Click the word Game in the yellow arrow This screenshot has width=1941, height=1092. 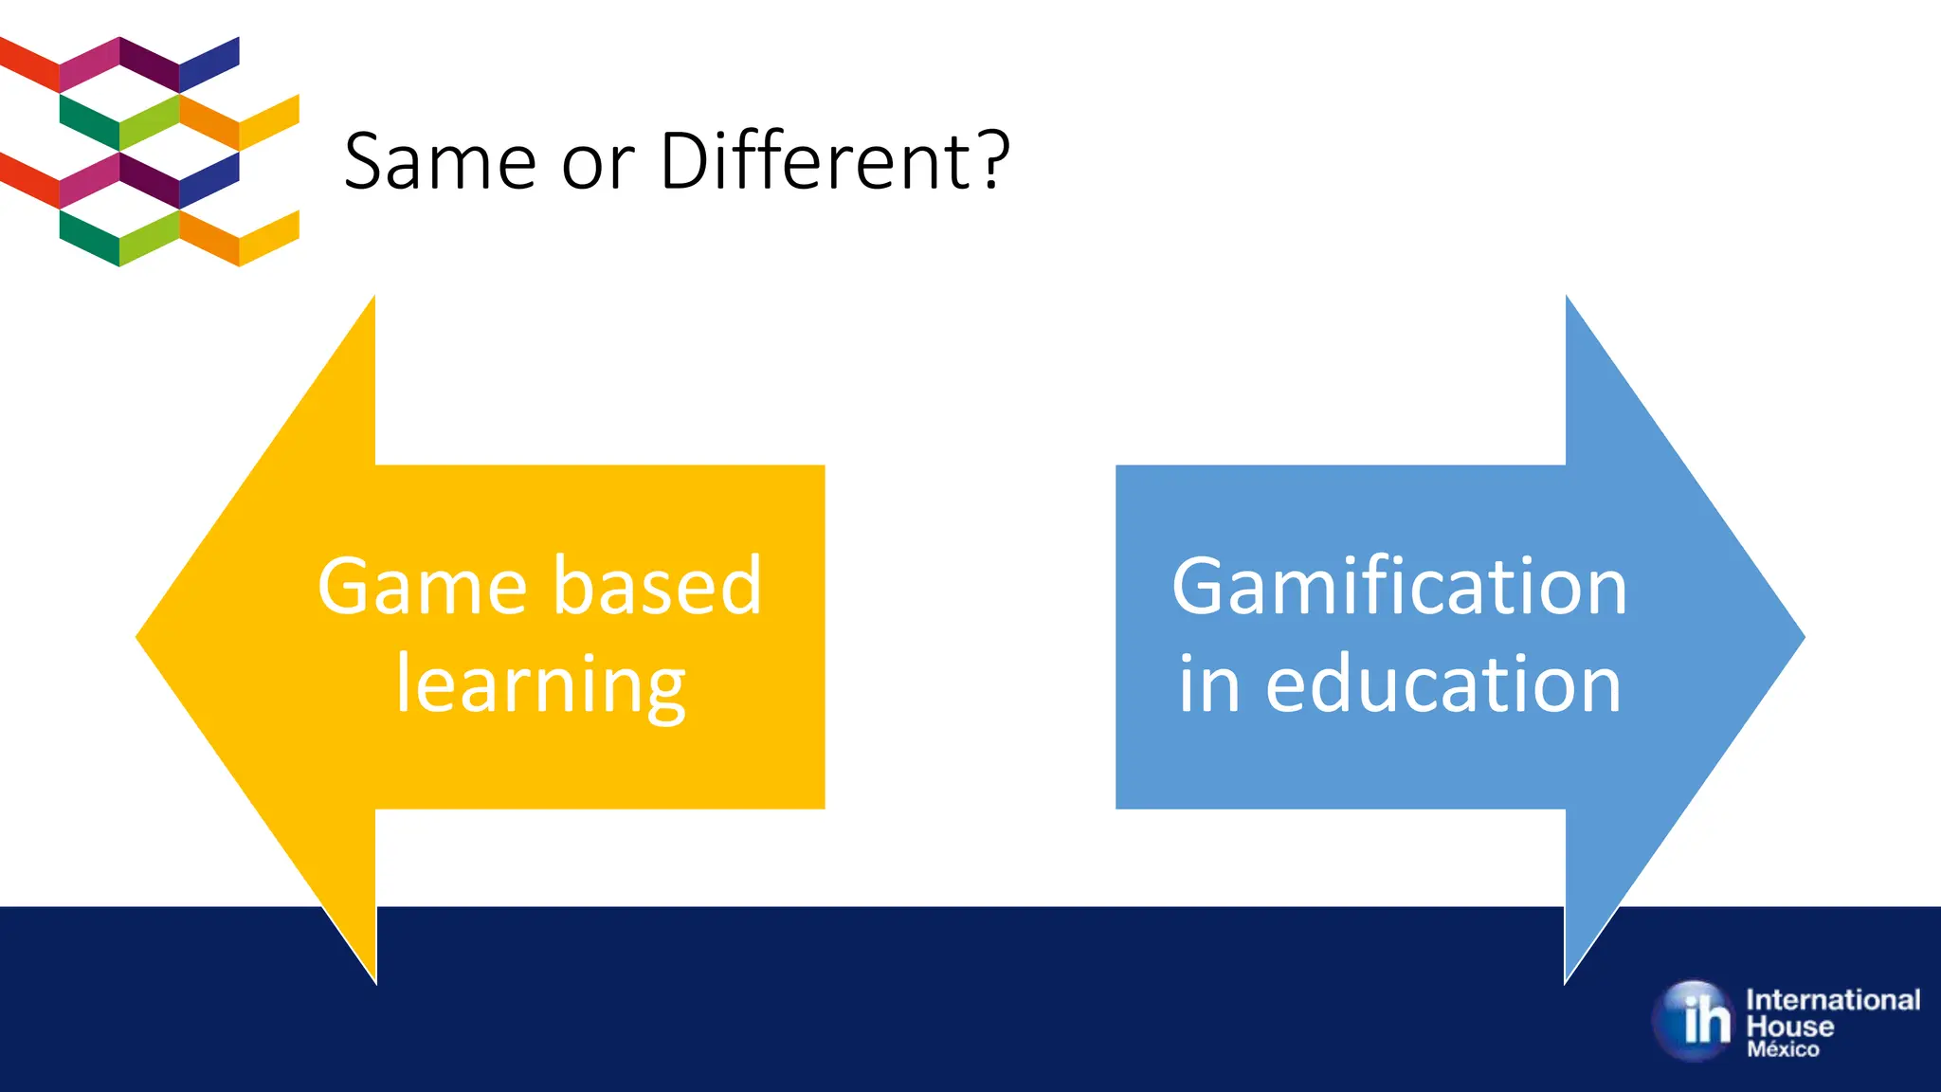coord(421,587)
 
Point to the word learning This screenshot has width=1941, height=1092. coord(540,685)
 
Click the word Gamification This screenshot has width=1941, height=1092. coord(1399,587)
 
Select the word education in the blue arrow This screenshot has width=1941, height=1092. coord(1443,683)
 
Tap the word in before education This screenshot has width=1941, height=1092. coord(1208,683)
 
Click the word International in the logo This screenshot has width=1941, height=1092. coord(1832,1000)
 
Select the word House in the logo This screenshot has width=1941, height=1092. coord(1789,1027)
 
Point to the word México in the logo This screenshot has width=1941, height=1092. coord(1783,1050)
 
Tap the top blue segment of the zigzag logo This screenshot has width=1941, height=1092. coord(209,64)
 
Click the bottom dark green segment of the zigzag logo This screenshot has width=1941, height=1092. coord(89,237)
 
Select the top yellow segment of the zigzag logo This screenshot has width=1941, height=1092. coord(269,121)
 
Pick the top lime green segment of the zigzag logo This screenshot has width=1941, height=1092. coord(149,121)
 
